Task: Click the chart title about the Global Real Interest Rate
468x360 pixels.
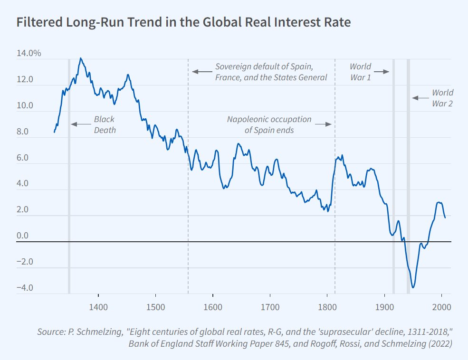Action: coord(183,23)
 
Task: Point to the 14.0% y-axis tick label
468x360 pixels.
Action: coord(29,53)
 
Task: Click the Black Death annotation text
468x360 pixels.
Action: coord(104,124)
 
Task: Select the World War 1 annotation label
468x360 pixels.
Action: coord(360,72)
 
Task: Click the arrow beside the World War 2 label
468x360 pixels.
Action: coord(420,98)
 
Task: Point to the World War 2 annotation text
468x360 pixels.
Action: coord(442,97)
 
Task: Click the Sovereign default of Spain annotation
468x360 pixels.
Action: coord(271,72)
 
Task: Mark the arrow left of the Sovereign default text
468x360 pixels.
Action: coord(201,72)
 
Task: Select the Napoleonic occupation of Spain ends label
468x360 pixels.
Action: coord(269,124)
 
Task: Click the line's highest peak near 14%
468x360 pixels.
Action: coord(80,58)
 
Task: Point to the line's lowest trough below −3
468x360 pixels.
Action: coord(413,287)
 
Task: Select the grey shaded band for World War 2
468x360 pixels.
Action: coord(408,176)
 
